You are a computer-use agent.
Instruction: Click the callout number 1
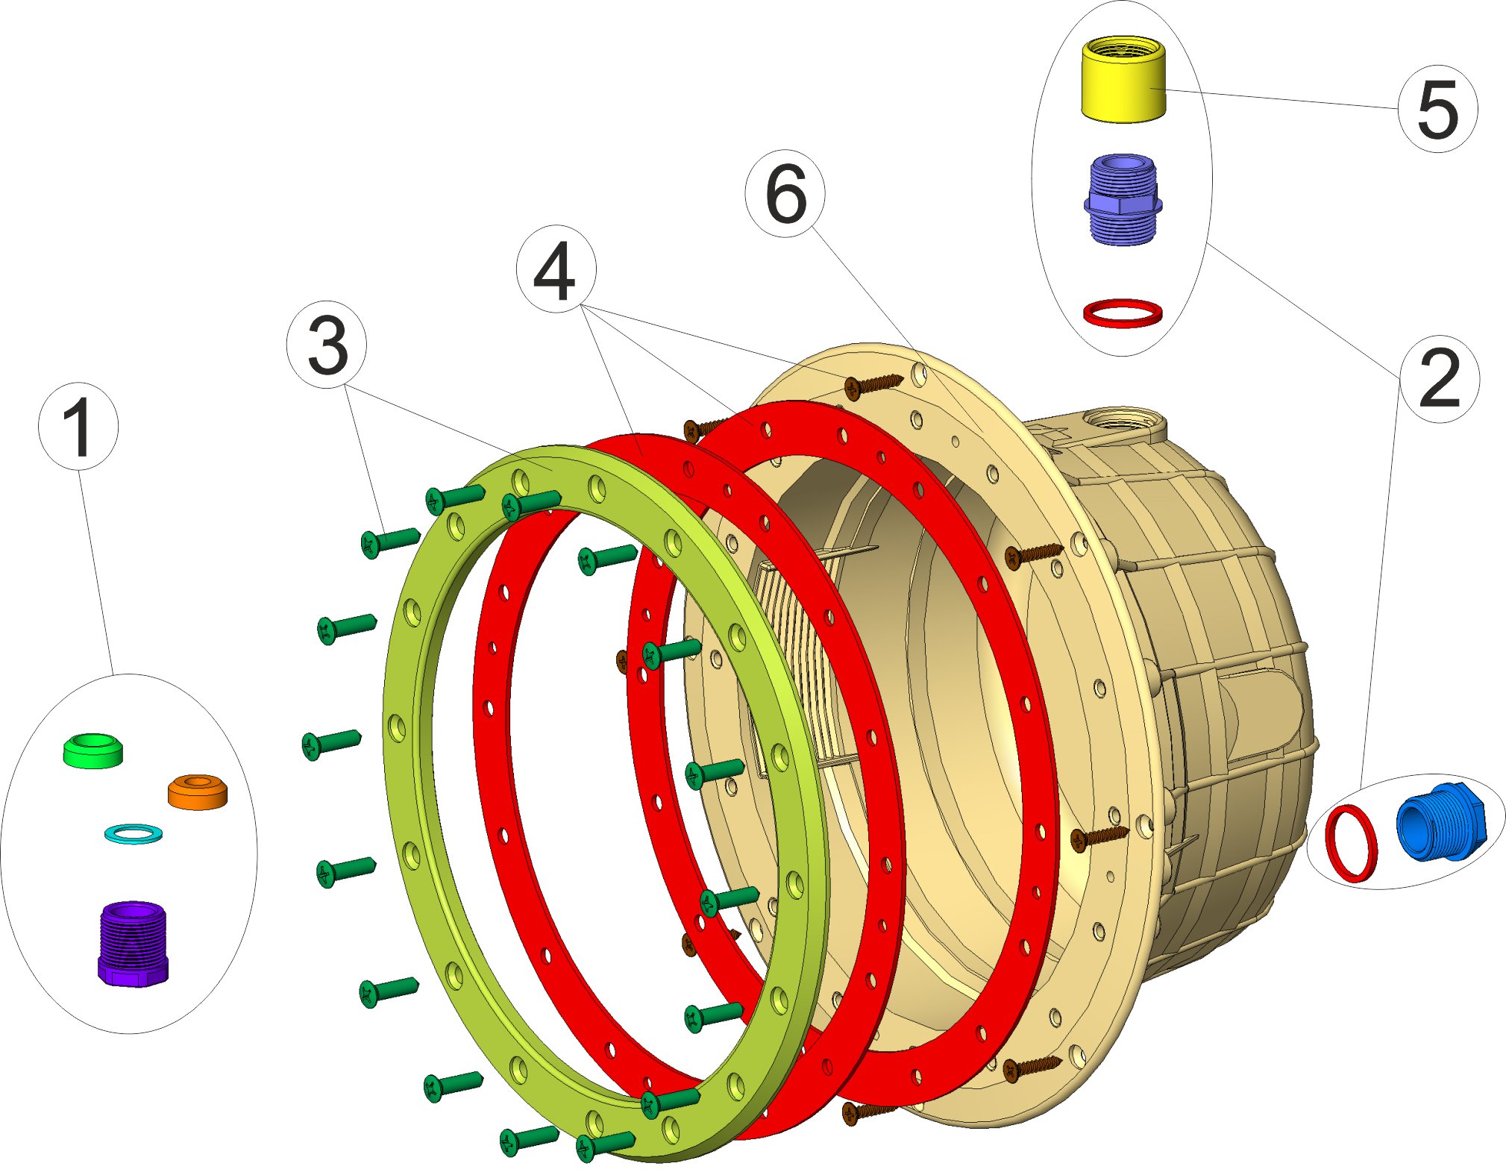(x=78, y=427)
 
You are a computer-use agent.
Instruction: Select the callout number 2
(x=1439, y=379)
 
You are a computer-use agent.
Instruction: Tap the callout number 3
(x=327, y=345)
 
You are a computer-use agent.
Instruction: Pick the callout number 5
(x=1437, y=109)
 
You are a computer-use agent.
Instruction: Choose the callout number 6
(x=785, y=194)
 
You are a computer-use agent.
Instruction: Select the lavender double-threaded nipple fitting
(x=1122, y=199)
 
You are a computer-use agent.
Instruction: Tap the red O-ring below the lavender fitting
(x=1122, y=313)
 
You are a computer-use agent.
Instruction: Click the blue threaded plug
(x=1440, y=821)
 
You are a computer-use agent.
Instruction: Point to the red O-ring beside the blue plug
(x=1351, y=843)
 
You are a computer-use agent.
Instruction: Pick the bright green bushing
(x=92, y=750)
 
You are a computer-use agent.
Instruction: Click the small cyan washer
(x=134, y=833)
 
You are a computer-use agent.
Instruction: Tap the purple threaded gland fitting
(x=133, y=943)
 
